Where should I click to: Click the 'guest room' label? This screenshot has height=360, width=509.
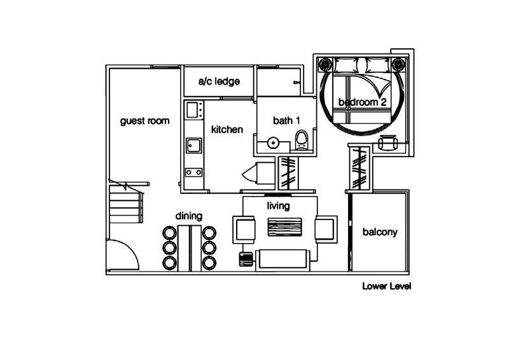[145, 121]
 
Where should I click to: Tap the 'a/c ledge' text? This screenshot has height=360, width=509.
[219, 81]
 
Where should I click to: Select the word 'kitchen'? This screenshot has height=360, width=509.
[227, 130]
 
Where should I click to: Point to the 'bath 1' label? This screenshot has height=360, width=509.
[286, 121]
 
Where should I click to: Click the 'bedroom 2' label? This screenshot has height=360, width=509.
[362, 102]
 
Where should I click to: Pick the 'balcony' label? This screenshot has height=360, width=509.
[380, 232]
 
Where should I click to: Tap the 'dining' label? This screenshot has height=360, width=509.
[189, 216]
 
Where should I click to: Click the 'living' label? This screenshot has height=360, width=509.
[278, 206]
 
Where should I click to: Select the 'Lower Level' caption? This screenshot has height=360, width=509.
[387, 286]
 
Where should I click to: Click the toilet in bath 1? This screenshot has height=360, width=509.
[302, 141]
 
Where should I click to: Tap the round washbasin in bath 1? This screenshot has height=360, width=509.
[274, 143]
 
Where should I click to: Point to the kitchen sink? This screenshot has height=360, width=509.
[194, 146]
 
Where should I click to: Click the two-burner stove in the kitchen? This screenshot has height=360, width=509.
[194, 172]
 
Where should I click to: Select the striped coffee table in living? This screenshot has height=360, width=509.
[284, 227]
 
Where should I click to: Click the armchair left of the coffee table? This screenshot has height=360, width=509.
[244, 230]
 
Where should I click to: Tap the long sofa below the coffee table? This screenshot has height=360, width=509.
[282, 260]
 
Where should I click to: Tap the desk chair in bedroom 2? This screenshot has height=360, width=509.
[388, 142]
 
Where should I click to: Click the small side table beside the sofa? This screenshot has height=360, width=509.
[246, 260]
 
